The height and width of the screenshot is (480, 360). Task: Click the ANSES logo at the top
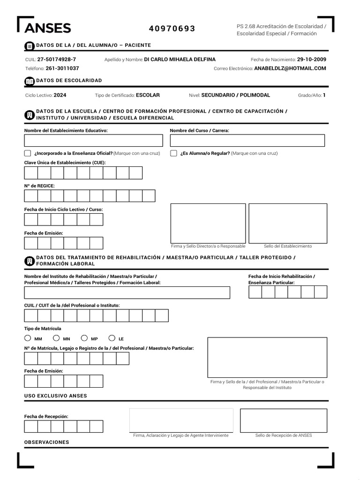click(x=47, y=29)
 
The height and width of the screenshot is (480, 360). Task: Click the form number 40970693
click(x=172, y=29)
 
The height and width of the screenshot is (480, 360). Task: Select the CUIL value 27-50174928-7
click(x=57, y=60)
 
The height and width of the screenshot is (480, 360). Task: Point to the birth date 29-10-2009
click(x=312, y=60)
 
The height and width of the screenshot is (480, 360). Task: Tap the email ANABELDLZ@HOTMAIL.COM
click(x=290, y=68)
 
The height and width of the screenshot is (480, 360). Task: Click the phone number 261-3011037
click(x=62, y=68)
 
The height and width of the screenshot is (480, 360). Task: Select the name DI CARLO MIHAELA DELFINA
click(x=180, y=60)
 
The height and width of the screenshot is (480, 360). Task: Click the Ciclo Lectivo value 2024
click(x=60, y=95)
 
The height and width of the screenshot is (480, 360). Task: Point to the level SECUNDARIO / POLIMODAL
click(x=236, y=95)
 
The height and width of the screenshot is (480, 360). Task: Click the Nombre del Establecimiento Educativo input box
click(x=93, y=141)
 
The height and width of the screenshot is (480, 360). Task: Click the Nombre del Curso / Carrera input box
click(x=247, y=141)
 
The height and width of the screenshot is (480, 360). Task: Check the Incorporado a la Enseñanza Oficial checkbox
click(x=28, y=153)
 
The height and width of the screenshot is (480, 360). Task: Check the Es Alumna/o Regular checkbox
click(x=173, y=153)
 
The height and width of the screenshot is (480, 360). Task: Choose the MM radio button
click(x=28, y=338)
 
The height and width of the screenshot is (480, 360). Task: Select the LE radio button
click(x=112, y=338)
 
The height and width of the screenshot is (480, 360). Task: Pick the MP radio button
click(x=84, y=338)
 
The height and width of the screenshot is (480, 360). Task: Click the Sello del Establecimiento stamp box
click(x=288, y=223)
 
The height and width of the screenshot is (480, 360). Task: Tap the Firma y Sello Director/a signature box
click(x=208, y=223)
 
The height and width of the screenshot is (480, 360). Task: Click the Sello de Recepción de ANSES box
click(x=284, y=420)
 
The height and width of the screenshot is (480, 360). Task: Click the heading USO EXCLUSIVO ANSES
click(x=55, y=396)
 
